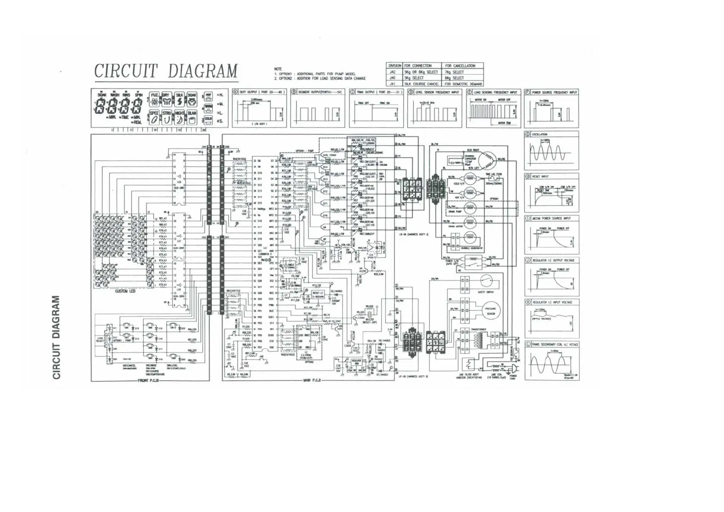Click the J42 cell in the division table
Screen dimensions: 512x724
click(392, 72)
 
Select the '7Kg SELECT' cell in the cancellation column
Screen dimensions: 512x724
click(455, 72)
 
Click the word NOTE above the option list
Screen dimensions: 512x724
click(278, 69)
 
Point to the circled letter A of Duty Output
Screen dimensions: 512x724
click(235, 92)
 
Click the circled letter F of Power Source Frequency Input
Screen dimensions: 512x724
click(527, 92)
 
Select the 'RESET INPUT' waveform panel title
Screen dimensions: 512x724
click(540, 176)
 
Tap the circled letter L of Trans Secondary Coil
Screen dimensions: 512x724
click(528, 344)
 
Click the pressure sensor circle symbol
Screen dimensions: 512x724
click(490, 311)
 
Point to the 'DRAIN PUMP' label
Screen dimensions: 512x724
click(455, 212)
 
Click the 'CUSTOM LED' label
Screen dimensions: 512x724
click(125, 291)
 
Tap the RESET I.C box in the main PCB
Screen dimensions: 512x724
click(318, 294)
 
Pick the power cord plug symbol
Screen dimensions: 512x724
click(514, 369)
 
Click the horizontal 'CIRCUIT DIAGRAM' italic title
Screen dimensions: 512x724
click(166, 71)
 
